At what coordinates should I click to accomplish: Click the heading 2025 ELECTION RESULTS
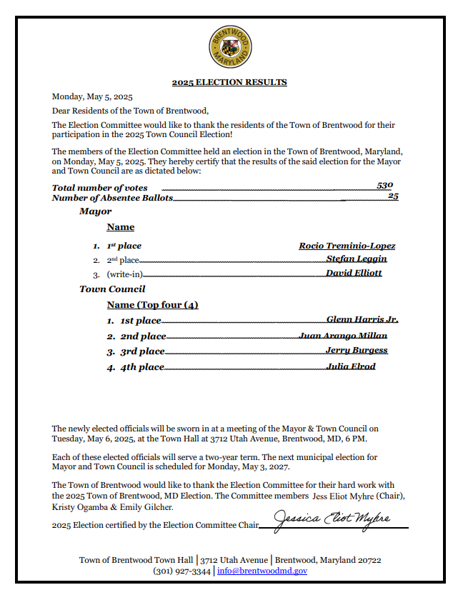tap(229, 82)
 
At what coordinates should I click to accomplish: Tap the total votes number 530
tap(385, 185)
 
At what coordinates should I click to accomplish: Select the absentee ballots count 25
tap(393, 196)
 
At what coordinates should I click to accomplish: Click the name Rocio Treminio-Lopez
tap(347, 246)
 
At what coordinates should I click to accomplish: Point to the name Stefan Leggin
tap(357, 259)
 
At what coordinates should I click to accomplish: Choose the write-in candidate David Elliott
tap(354, 273)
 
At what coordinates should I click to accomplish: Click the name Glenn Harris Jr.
tap(362, 319)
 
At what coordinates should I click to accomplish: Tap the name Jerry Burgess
tap(357, 350)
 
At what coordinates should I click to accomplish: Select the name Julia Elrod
tap(350, 366)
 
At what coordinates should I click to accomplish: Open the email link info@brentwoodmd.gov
tap(262, 571)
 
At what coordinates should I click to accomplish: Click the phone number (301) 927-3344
tap(181, 571)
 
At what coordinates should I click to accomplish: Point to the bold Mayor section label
tap(95, 211)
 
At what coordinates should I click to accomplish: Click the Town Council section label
tap(112, 289)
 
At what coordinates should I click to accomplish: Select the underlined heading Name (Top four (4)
tap(152, 305)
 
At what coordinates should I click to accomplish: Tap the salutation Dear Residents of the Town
tap(130, 111)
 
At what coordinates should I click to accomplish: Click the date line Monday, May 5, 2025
tap(92, 96)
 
